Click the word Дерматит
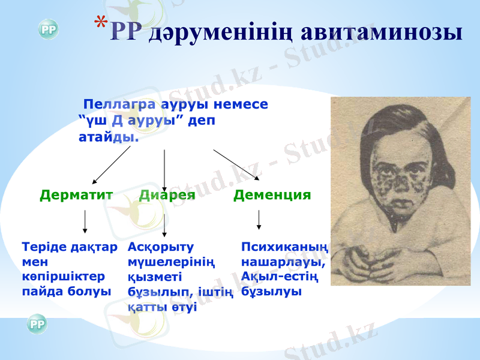point(76,195)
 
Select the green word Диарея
point(167,195)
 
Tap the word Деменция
point(272,195)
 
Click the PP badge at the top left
point(48,30)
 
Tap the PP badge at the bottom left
point(37,325)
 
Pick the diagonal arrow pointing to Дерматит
point(111,165)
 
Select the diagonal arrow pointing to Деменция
point(236,164)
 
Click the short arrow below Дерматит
point(85,221)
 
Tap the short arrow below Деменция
point(259,220)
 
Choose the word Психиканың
point(284,247)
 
